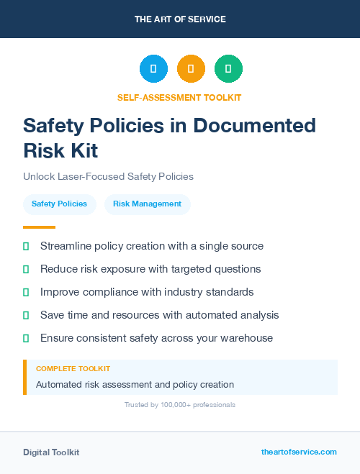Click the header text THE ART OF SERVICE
(x=180, y=19)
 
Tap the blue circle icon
(x=153, y=68)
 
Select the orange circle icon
(x=191, y=68)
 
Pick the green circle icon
(x=228, y=68)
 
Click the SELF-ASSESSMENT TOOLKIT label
(x=179, y=97)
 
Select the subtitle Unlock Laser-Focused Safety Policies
(x=108, y=176)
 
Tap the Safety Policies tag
(x=59, y=204)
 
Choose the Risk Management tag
(x=147, y=204)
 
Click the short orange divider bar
(x=35, y=227)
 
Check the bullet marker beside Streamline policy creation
(x=26, y=247)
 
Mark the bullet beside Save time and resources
(x=26, y=315)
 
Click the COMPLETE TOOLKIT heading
(x=73, y=369)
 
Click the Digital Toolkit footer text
(x=51, y=452)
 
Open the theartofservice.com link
(x=299, y=452)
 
